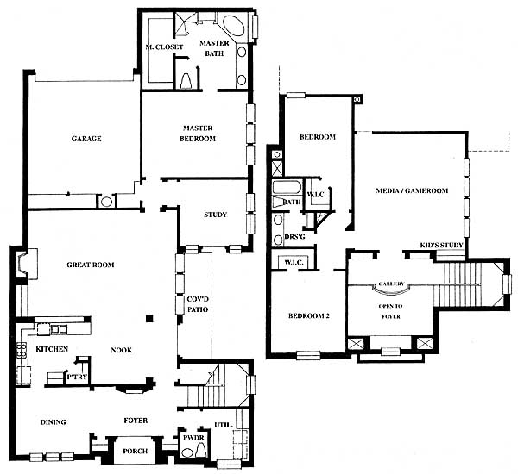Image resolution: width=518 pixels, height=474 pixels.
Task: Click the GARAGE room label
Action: tap(86, 139)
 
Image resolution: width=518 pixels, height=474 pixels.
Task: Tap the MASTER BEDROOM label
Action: tap(198, 134)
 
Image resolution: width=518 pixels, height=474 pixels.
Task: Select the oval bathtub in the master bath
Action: tap(234, 25)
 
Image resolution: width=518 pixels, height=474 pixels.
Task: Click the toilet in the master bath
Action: tap(186, 81)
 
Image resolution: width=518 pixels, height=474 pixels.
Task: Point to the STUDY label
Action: tap(215, 215)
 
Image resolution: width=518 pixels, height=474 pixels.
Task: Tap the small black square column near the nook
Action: tap(150, 318)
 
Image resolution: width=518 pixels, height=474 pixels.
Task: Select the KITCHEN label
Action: tap(52, 349)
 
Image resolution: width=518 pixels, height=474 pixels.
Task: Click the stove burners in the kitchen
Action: tap(22, 350)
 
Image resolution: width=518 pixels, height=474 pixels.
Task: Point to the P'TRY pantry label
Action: tap(77, 377)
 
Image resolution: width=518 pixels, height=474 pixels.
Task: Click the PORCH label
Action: tap(136, 451)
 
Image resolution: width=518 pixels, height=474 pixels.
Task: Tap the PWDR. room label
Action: tap(194, 438)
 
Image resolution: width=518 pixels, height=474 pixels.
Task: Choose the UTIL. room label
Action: tap(224, 425)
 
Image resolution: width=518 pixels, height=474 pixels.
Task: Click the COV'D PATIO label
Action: tap(198, 304)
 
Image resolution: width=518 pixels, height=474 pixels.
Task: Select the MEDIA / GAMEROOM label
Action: tap(412, 190)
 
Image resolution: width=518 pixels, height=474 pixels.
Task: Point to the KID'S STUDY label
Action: tap(441, 246)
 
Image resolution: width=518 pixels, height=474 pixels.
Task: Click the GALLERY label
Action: tap(391, 284)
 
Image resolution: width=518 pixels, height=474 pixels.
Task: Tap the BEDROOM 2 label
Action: tap(308, 315)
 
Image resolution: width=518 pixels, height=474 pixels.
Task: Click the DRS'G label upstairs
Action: tap(294, 237)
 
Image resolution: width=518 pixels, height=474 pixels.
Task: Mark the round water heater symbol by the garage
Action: tap(106, 202)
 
